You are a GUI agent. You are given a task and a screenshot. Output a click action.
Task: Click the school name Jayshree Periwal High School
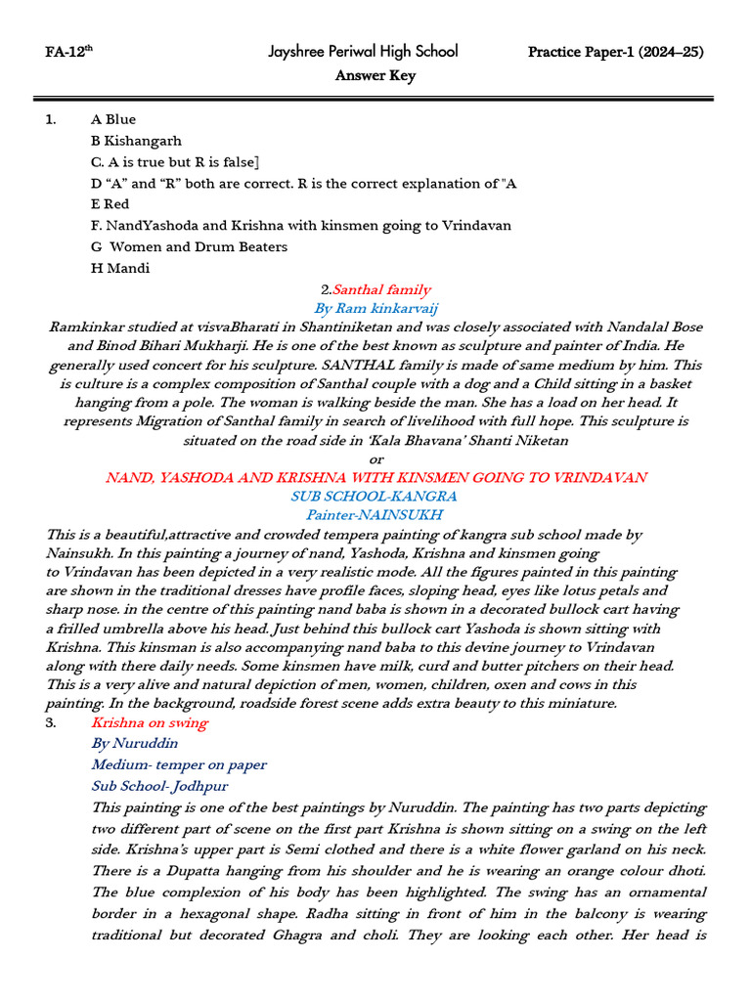pos(363,51)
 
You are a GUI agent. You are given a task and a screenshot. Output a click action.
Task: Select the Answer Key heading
pos(375,75)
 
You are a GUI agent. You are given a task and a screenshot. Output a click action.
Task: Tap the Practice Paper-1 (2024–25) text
pos(615,52)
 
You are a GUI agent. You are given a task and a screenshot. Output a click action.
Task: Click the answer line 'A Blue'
pos(113,120)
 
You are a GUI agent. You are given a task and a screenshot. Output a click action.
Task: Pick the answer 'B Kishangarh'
pos(136,141)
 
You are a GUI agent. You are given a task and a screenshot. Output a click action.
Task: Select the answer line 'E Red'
pos(110,204)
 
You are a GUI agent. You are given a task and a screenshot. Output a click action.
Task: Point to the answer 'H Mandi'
pos(120,268)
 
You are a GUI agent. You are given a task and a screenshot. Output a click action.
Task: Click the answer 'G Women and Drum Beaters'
pos(189,246)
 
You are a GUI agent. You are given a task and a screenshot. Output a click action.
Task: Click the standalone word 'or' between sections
pos(376,458)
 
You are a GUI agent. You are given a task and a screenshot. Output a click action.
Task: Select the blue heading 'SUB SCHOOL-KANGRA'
pos(375,496)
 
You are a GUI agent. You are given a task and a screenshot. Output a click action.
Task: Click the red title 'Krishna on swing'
pos(149,722)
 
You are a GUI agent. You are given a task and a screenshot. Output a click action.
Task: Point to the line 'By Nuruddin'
pos(135,743)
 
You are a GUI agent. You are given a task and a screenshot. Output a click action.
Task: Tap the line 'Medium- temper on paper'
pos(179,764)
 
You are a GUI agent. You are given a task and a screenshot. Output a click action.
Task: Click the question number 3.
pos(51,722)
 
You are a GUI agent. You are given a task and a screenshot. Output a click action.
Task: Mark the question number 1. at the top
pos(51,120)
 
